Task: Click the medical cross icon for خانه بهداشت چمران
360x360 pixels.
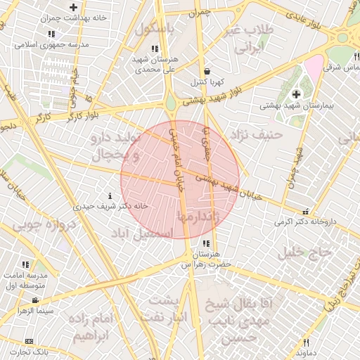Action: [73, 7]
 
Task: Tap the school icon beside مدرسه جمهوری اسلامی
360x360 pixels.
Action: [52, 33]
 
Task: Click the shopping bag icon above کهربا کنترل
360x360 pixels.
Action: [206, 71]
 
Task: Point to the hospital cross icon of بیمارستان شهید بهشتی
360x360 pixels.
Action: [295, 94]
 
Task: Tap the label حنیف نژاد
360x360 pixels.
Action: [259, 132]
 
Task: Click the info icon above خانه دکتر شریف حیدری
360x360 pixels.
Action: [109, 195]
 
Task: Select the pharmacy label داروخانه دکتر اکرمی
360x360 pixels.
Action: [306, 221]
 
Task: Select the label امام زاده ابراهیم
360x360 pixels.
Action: [92, 327]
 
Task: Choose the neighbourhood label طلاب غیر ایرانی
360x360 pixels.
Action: [251, 39]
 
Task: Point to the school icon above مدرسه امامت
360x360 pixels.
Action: [25, 265]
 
